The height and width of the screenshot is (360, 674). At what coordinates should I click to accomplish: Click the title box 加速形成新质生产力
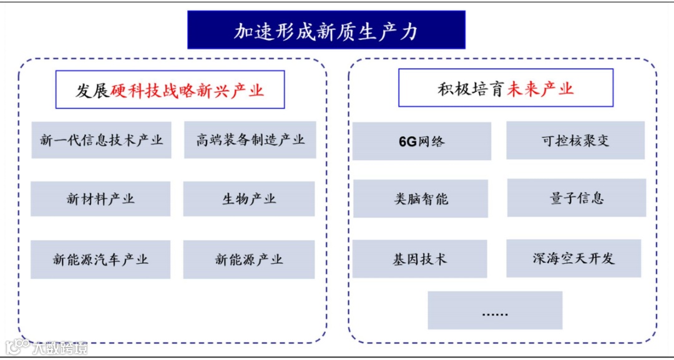pyautogui.click(x=326, y=30)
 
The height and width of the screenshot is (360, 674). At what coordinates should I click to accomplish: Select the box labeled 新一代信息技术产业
pyautogui.click(x=101, y=140)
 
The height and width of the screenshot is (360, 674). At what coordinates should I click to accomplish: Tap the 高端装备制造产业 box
pyautogui.click(x=250, y=140)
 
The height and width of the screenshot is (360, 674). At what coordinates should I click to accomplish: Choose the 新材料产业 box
pyautogui.click(x=100, y=199)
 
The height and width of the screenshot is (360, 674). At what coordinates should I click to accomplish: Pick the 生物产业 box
pyautogui.click(x=249, y=199)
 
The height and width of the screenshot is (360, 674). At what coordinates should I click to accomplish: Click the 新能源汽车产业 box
pyautogui.click(x=100, y=260)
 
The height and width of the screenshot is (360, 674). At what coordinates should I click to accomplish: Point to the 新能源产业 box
pyautogui.click(x=249, y=260)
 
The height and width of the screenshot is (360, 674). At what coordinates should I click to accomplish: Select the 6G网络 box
pyautogui.click(x=421, y=141)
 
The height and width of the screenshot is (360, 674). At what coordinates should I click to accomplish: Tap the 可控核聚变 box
pyautogui.click(x=575, y=140)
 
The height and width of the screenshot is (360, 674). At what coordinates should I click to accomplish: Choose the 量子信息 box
pyautogui.click(x=576, y=198)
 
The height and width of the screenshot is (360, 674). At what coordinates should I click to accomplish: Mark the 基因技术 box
pyautogui.click(x=419, y=259)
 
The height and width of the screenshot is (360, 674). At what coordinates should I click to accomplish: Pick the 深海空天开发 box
pyautogui.click(x=574, y=258)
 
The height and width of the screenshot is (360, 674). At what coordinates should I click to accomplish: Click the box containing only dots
pyautogui.click(x=495, y=310)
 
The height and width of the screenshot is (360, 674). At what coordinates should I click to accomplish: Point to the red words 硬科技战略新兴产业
pyautogui.click(x=187, y=91)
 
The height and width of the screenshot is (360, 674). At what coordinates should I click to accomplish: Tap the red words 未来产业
pyautogui.click(x=540, y=89)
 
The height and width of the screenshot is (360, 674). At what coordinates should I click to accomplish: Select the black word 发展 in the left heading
pyautogui.click(x=93, y=91)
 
